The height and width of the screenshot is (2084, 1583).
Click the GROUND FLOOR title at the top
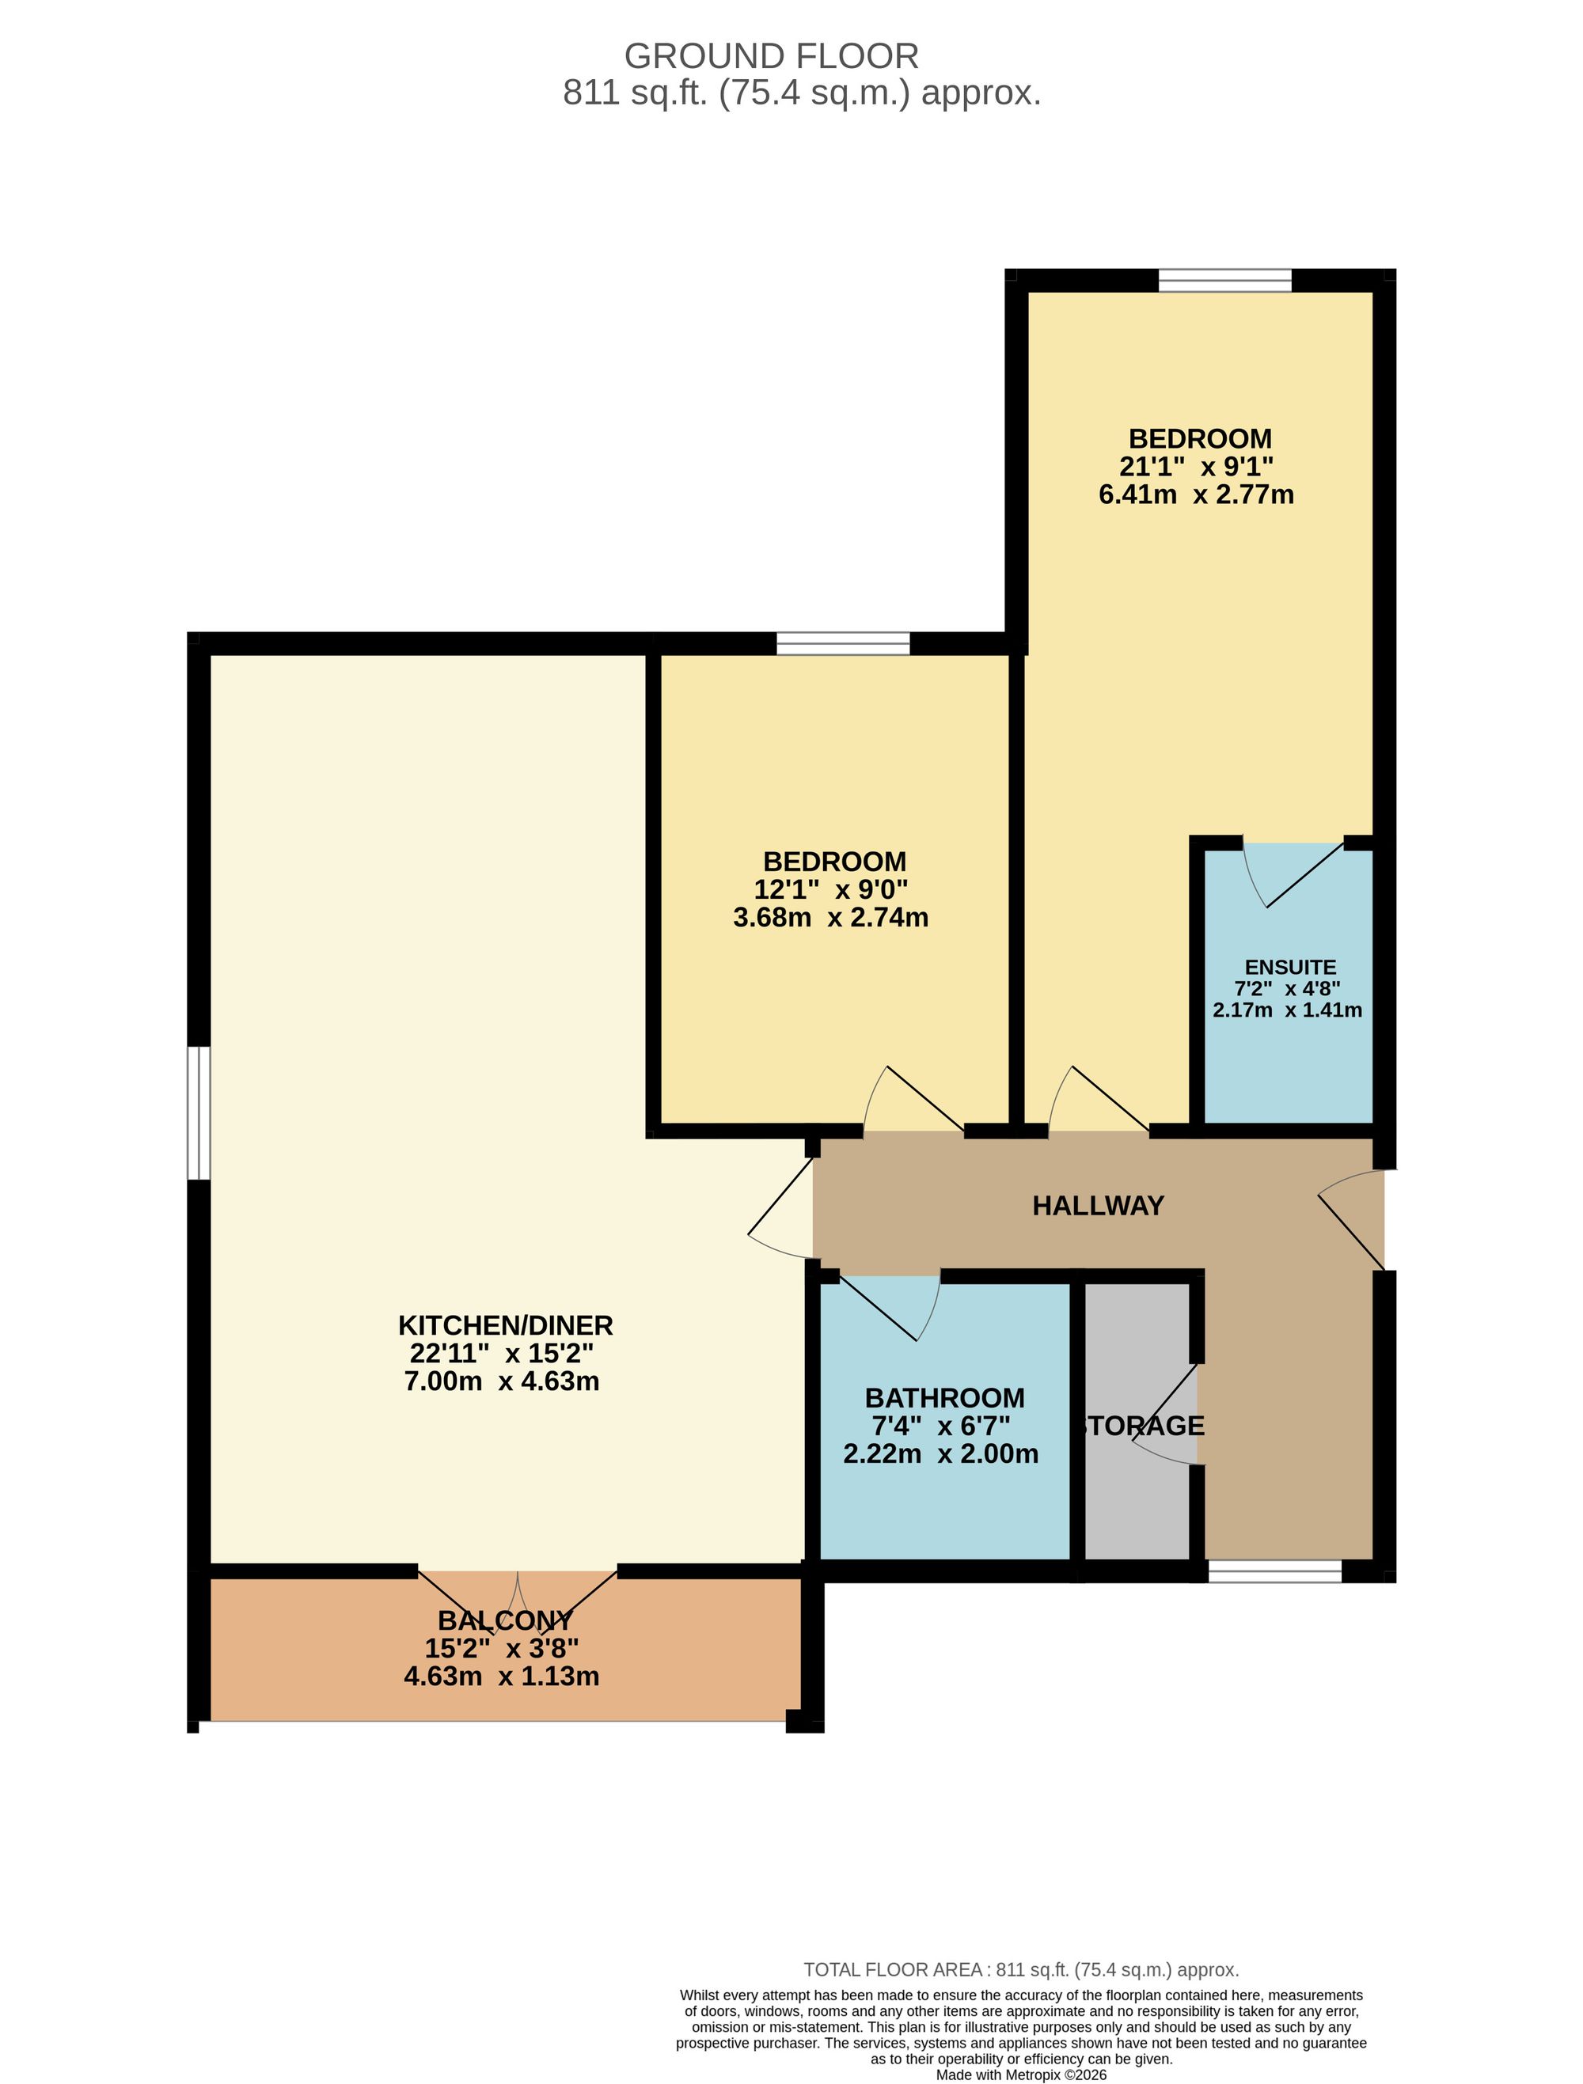click(771, 56)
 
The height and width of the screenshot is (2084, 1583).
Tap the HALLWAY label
click(1098, 1206)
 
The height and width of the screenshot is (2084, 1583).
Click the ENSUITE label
click(1290, 967)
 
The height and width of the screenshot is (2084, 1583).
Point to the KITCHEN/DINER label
click(505, 1325)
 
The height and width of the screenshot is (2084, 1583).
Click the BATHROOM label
click(944, 1398)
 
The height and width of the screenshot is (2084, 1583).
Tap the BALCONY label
click(505, 1646)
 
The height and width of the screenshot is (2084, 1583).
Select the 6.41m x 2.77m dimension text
click(1196, 494)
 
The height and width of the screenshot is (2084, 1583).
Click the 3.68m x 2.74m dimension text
click(830, 918)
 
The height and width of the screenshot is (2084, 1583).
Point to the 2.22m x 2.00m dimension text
click(940, 1453)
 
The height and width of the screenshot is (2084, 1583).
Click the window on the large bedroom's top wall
click(1225, 281)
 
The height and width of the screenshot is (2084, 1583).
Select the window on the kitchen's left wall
click(198, 1112)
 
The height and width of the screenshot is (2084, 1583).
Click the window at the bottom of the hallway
click(1275, 1571)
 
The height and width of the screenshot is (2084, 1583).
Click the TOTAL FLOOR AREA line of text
click(1020, 1970)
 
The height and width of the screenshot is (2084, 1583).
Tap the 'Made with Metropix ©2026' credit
click(1020, 2075)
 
